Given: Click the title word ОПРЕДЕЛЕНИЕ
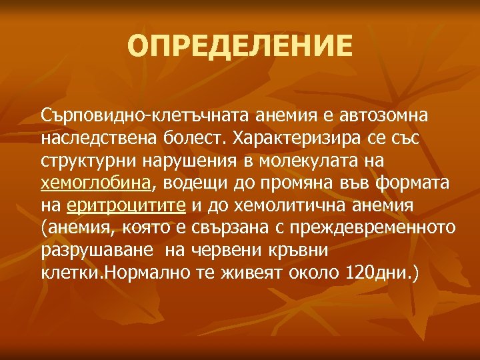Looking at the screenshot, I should click(x=239, y=46).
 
